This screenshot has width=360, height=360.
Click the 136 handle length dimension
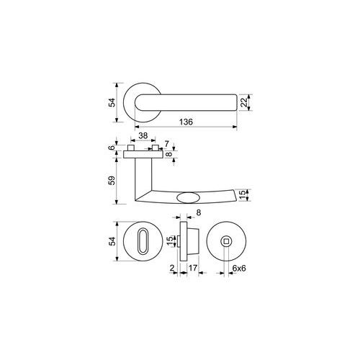(x=186, y=122)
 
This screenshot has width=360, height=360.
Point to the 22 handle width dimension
(x=244, y=102)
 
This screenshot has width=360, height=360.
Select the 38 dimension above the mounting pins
(x=143, y=135)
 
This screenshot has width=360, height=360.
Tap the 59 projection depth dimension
(x=112, y=181)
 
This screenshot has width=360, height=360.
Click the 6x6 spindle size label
(x=239, y=268)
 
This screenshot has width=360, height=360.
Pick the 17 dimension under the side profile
(x=193, y=268)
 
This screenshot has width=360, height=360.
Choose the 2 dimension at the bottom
(x=172, y=268)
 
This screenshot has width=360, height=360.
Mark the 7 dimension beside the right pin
(x=166, y=144)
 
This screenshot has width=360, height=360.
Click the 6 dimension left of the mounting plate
(x=112, y=148)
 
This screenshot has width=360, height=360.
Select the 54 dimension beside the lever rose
(x=112, y=102)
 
